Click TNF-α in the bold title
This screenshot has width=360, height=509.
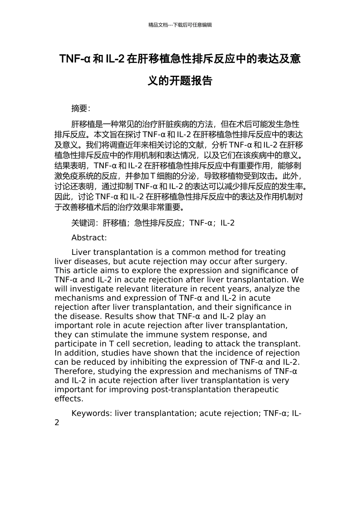point(75,59)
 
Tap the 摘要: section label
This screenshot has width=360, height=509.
point(81,108)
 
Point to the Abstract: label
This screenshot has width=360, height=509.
point(89,238)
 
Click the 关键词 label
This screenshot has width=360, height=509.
point(83,223)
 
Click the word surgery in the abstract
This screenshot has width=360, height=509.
point(272,261)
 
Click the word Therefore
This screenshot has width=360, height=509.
point(73,371)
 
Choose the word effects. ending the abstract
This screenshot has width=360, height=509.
point(69,399)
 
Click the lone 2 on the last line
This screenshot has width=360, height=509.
point(57,423)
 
